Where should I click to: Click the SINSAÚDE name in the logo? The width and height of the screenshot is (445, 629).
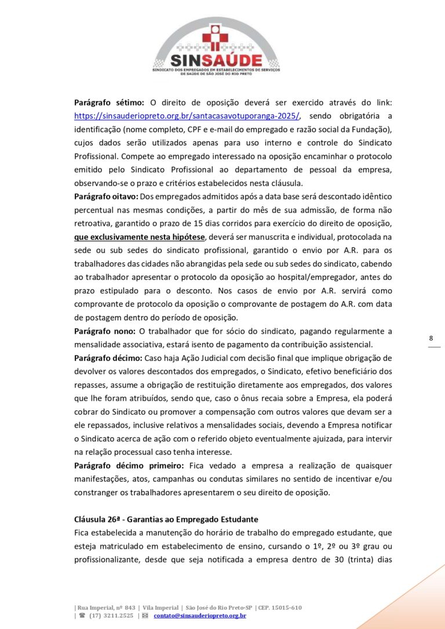point(216,60)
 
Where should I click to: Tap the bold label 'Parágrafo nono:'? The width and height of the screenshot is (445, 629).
point(105,331)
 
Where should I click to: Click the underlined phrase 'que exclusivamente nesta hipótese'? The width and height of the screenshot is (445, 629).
point(140,237)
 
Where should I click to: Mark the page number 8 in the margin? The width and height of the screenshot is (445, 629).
point(431,338)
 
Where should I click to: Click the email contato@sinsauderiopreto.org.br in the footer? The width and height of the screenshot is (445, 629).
point(200,616)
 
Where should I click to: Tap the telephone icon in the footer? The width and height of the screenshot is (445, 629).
point(82,616)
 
